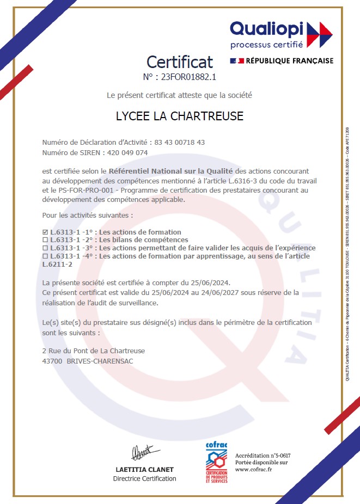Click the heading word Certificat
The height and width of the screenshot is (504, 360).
tap(180, 61)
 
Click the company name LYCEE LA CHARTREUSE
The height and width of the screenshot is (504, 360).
tap(180, 116)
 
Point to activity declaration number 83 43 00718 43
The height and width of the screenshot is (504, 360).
tap(180, 142)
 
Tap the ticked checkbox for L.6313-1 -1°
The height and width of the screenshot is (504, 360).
tap(45, 232)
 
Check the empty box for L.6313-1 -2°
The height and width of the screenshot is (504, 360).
tap(45, 240)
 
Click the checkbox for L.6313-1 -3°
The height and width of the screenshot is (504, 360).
tap(45, 248)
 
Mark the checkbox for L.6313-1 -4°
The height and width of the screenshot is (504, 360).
tap(45, 256)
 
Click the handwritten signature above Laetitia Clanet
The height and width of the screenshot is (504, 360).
tap(142, 451)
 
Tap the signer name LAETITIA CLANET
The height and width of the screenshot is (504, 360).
tap(144, 469)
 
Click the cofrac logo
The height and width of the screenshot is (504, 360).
tap(216, 463)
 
